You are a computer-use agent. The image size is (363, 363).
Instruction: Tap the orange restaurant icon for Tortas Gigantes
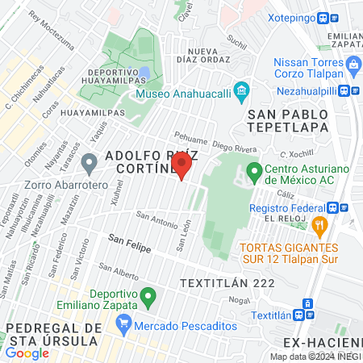click(320, 224)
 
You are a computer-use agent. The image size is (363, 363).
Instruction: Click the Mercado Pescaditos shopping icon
click(123, 324)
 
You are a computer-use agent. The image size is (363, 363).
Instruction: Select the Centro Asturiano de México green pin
click(253, 170)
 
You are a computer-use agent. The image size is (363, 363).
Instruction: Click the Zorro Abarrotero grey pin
click(90, 164)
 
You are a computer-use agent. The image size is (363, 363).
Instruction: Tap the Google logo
click(27, 353)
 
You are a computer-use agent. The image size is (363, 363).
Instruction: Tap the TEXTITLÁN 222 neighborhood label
click(228, 283)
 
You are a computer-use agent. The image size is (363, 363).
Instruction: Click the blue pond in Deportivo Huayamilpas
click(144, 73)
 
